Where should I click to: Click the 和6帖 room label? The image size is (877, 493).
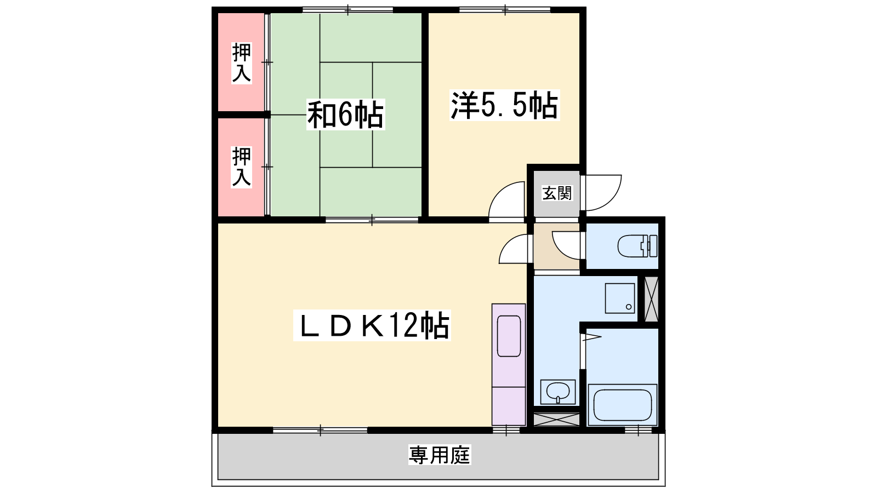tap(345, 114)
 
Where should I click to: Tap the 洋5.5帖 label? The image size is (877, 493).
tap(504, 105)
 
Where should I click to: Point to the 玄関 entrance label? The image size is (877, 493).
tap(557, 193)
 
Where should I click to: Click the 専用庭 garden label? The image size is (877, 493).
tap(439, 455)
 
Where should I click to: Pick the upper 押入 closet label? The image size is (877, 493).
tap(241, 62)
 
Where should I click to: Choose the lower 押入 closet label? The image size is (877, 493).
tap(241, 167)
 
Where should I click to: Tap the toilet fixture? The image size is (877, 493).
tap(637, 246)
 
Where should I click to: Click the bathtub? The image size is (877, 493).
tap(623, 405)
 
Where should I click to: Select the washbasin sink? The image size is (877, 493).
tap(558, 392)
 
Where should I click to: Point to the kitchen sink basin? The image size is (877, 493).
tap(509, 336)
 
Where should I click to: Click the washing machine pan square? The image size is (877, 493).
tap(620, 298)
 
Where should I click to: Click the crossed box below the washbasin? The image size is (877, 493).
tap(556, 420)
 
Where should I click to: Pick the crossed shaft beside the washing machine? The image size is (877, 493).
tap(652, 299)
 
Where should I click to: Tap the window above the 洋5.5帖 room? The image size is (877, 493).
tap(505, 9)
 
